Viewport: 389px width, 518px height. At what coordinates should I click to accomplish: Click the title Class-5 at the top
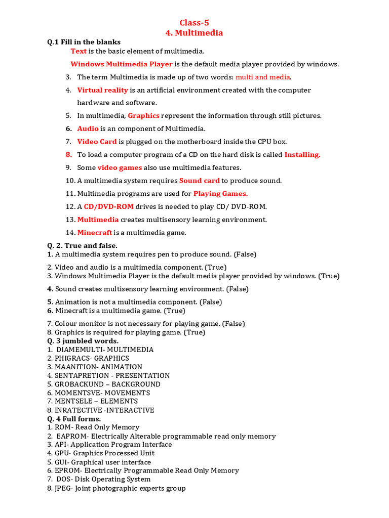tap(194, 22)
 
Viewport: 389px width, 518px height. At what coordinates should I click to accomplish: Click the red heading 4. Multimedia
tap(194, 33)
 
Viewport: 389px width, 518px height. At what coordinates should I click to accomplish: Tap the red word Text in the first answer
tap(79, 51)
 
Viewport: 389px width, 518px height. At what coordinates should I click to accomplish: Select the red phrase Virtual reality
tap(102, 90)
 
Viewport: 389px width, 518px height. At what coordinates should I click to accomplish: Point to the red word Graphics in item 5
tap(143, 116)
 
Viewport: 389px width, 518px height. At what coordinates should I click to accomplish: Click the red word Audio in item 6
tap(88, 128)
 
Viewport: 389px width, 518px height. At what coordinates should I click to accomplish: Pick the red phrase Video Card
tap(97, 142)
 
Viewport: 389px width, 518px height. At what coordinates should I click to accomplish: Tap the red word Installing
tap(302, 155)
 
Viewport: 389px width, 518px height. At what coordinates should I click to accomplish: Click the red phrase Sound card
tap(200, 181)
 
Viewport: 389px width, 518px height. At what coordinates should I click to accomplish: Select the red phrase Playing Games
tap(220, 194)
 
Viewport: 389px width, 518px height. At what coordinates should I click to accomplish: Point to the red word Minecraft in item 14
tap(94, 233)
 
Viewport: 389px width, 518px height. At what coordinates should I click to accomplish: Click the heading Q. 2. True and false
tap(82, 245)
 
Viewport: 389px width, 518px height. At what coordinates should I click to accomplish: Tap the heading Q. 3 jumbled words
tap(83, 341)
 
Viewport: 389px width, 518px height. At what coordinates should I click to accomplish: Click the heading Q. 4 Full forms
tap(74, 419)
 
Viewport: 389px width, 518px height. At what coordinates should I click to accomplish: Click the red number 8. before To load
tap(68, 155)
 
